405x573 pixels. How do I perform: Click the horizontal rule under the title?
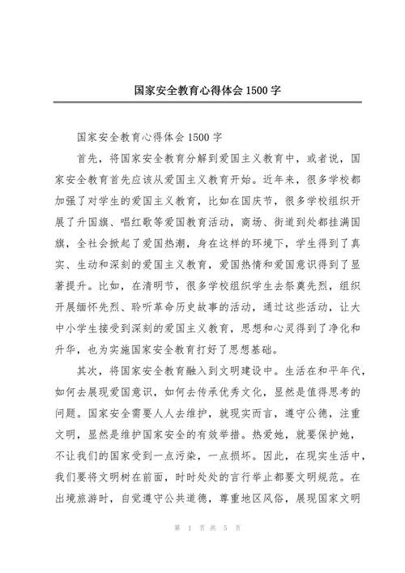pos(202,102)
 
